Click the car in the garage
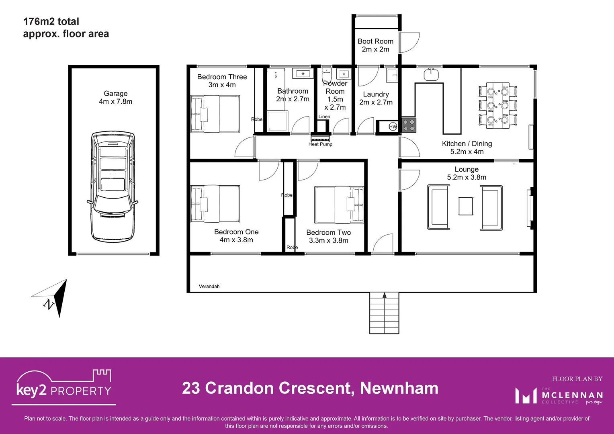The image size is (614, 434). pos(113,186)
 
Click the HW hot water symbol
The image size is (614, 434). pos(393,127)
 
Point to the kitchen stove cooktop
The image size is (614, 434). pos(409,125)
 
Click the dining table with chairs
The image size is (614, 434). pos(497,106)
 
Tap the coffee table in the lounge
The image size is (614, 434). pos(466,206)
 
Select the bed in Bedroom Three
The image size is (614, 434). pos(215,114)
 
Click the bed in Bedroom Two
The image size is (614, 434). pos(339,205)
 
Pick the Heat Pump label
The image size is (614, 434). pos(320,144)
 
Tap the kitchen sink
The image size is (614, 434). pos(431,74)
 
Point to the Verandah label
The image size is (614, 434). pos(209,287)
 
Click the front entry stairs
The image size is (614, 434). pos(384,313)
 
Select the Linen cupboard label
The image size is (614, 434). pos(324,117)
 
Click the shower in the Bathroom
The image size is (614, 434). pos(277,121)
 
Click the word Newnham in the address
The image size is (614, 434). pos(399,388)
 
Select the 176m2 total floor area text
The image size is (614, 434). pos(51,22)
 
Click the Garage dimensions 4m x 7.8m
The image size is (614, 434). pos(116,102)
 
